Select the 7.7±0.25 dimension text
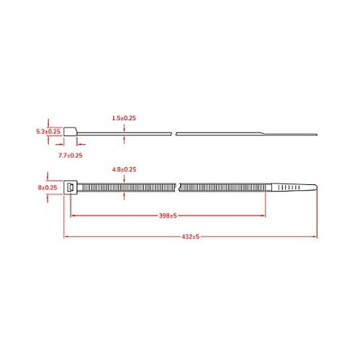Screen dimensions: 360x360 (71, 155)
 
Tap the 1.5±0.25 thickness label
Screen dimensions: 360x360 (125, 117)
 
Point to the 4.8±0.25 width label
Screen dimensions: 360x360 (125, 169)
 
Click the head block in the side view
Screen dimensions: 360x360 (70, 132)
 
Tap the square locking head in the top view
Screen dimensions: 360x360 (70, 188)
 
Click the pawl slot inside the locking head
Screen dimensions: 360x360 (70, 188)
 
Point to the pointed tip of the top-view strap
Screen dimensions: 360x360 (315, 188)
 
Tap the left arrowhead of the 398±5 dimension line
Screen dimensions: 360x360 (71, 215)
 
